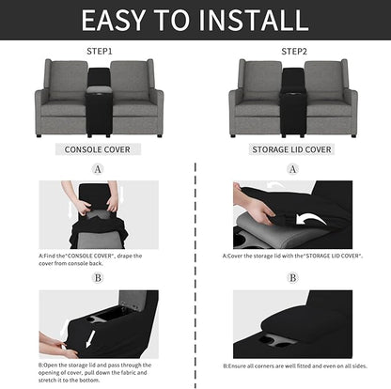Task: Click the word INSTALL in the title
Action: pyautogui.click(x=253, y=20)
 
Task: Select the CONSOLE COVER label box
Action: pyautogui.click(x=98, y=148)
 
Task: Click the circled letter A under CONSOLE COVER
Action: pyautogui.click(x=98, y=169)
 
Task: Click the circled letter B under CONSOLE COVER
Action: pyautogui.click(x=98, y=277)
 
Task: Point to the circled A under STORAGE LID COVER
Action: pyautogui.click(x=292, y=169)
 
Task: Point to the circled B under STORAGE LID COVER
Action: pyautogui.click(x=292, y=277)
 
